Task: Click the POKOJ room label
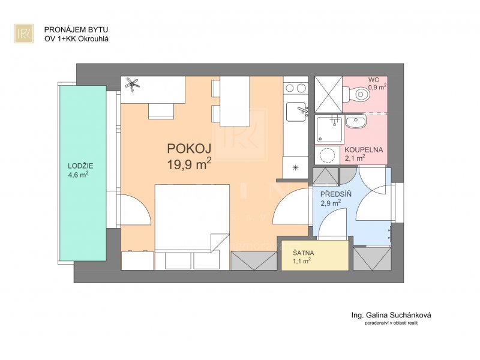click(x=189, y=149)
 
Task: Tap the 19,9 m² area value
click(x=189, y=164)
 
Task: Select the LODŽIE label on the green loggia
click(x=80, y=166)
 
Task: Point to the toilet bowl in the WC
click(x=359, y=94)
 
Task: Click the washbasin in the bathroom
click(x=355, y=122)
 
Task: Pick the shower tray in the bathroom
click(x=329, y=130)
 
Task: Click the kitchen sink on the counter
click(x=296, y=112)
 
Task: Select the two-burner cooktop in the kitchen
click(x=296, y=88)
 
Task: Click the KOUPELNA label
click(x=364, y=150)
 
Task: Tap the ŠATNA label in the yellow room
click(x=304, y=253)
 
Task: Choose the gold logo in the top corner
click(x=24, y=34)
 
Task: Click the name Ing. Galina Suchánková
click(x=391, y=315)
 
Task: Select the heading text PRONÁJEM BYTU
click(x=76, y=29)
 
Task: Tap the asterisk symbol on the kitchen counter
click(x=295, y=167)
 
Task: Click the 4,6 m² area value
click(x=79, y=175)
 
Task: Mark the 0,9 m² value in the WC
click(x=377, y=87)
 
